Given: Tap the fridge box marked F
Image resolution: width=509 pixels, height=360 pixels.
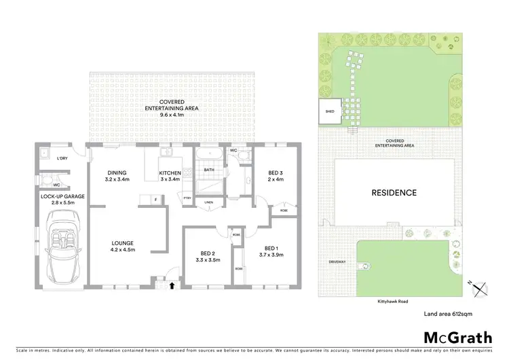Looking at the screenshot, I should [155, 199].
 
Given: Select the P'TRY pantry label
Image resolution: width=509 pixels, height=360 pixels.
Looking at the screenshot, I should [188, 198].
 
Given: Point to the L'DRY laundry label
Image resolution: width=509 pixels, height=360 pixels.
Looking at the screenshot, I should [62, 158].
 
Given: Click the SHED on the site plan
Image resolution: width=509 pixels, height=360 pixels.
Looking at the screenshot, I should [330, 113].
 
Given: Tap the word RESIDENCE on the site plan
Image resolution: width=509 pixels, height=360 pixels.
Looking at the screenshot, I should [394, 193].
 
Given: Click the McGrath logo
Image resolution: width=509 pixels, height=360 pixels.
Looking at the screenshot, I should [449, 338].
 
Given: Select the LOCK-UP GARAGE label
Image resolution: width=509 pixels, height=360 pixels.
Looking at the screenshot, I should [62, 200].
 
